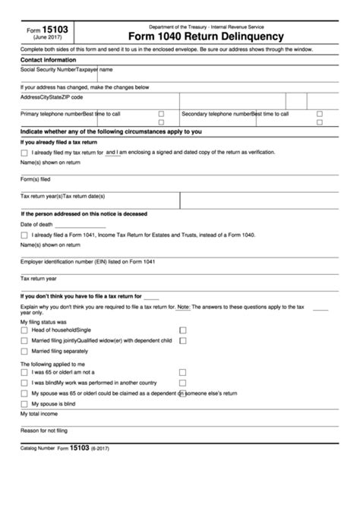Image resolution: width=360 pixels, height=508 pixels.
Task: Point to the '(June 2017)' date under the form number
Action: (47, 39)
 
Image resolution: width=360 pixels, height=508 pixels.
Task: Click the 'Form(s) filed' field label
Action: (35, 179)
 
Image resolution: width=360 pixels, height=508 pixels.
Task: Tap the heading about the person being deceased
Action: (84, 213)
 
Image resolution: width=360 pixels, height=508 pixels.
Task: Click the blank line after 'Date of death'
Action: (80, 225)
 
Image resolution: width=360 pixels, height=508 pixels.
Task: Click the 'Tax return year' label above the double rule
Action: (39, 278)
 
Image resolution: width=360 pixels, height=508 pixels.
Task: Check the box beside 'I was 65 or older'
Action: (24, 373)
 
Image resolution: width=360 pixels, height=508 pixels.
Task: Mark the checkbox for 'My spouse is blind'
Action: (24, 404)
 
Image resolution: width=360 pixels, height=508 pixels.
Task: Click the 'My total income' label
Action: (40, 415)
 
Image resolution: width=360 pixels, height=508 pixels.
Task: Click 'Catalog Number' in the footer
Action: (37, 450)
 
